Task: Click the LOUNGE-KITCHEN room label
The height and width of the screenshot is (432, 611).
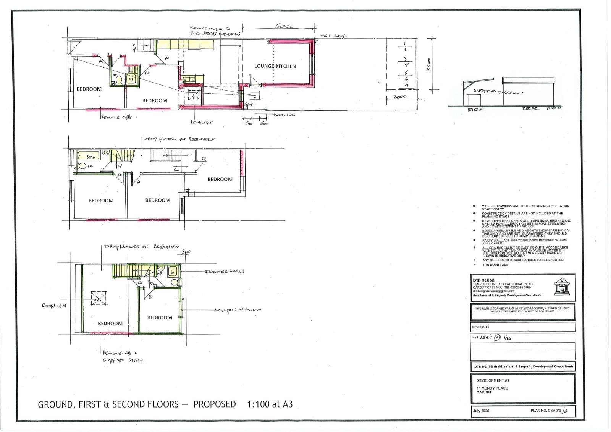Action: pos(275,66)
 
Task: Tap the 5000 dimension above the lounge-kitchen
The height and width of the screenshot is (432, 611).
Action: pos(284,26)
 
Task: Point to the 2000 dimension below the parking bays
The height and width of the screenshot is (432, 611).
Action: pos(399,97)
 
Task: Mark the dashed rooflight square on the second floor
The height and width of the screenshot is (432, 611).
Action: pos(99,299)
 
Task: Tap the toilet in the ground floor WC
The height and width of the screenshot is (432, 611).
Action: pos(118,80)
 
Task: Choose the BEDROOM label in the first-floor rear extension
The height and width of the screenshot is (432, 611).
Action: pos(220,179)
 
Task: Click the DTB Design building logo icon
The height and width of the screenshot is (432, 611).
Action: pos(561,286)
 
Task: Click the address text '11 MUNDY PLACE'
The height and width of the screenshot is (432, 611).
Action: pos(492,388)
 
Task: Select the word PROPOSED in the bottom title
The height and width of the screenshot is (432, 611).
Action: pos(215,404)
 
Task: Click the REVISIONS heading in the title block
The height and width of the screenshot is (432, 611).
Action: pos(480,327)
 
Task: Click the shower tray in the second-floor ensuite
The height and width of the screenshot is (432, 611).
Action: pos(172,272)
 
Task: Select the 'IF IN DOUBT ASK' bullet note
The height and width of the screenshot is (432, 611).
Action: pos(495,265)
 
